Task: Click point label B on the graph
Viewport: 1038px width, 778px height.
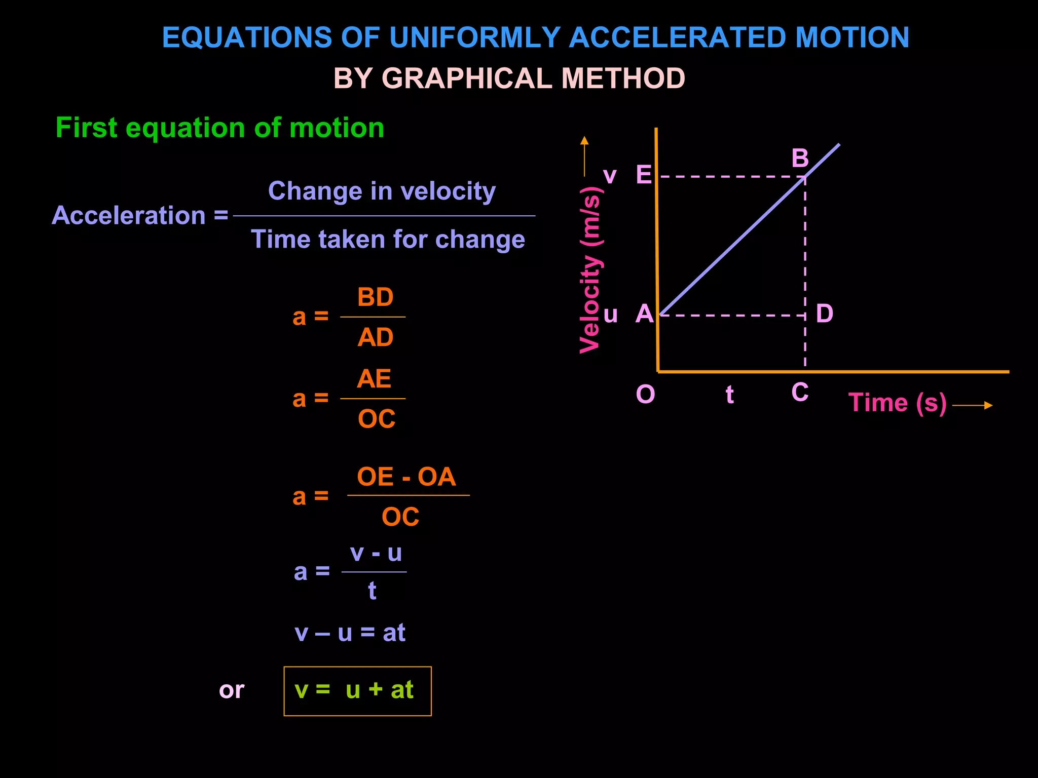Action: [x=800, y=159]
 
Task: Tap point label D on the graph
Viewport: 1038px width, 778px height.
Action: [x=824, y=314]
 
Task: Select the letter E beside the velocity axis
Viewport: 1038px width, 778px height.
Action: [x=644, y=175]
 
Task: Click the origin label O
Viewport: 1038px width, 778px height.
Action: [x=645, y=394]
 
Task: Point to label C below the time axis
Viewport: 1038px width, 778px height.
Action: [x=800, y=393]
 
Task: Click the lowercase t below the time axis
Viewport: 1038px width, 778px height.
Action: [x=729, y=395]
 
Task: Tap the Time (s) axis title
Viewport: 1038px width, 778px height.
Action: [x=897, y=403]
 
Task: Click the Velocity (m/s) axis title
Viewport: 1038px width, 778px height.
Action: [x=590, y=270]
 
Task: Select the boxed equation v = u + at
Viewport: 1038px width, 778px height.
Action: [x=357, y=691]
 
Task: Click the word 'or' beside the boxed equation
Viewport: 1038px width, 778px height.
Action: [x=232, y=690]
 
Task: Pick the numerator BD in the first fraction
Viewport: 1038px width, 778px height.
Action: [x=375, y=297]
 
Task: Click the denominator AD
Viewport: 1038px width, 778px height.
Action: [x=375, y=337]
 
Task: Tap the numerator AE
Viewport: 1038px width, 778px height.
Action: [x=374, y=379]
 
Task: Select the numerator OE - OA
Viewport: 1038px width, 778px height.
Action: [x=406, y=477]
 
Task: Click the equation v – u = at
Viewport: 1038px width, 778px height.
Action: [x=350, y=633]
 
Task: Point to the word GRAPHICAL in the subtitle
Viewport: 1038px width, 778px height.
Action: [x=466, y=79]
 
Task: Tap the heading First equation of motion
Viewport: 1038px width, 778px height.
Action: [x=219, y=128]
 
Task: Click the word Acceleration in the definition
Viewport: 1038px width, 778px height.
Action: [x=129, y=215]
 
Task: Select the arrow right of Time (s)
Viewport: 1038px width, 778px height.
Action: [x=972, y=405]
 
